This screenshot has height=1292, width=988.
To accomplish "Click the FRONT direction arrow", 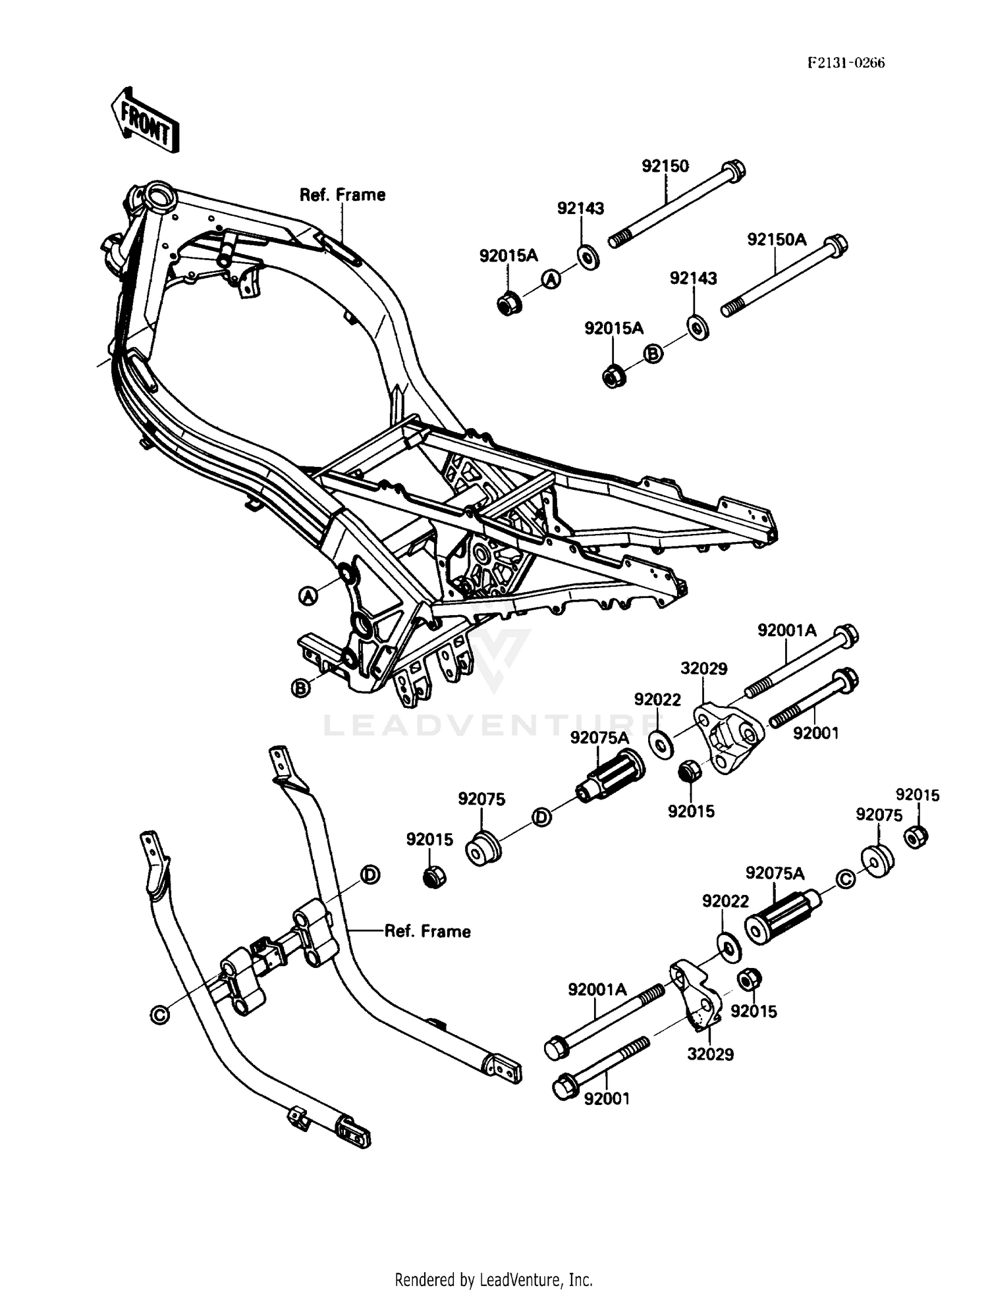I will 144,121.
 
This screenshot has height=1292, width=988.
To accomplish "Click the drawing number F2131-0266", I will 846,63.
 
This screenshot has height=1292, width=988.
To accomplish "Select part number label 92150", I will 665,166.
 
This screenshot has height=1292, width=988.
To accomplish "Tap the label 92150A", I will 777,240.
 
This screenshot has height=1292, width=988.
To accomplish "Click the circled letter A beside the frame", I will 308,597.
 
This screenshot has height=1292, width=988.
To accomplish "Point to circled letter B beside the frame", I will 300,689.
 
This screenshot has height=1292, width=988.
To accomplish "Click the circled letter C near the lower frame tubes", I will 160,1015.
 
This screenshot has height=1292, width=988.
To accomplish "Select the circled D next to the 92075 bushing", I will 541,817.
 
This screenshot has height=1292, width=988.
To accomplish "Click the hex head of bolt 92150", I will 734,171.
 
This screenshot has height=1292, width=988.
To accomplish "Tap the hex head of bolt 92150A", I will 836,244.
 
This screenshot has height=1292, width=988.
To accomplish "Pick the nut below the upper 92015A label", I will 508,304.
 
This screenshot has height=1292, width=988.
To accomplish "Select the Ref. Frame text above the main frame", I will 343,195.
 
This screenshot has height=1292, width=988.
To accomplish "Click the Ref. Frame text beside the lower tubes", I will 427,931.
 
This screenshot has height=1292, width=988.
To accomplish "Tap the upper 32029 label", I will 703,669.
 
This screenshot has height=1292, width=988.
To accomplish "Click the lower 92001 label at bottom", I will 606,1098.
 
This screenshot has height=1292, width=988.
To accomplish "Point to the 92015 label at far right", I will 917,795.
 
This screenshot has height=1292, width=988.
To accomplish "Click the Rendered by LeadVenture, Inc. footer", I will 493,1279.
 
